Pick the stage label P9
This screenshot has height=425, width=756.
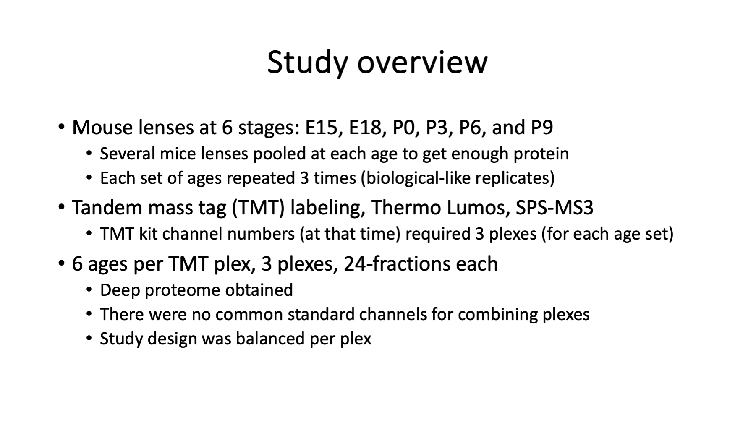pos(542,128)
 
